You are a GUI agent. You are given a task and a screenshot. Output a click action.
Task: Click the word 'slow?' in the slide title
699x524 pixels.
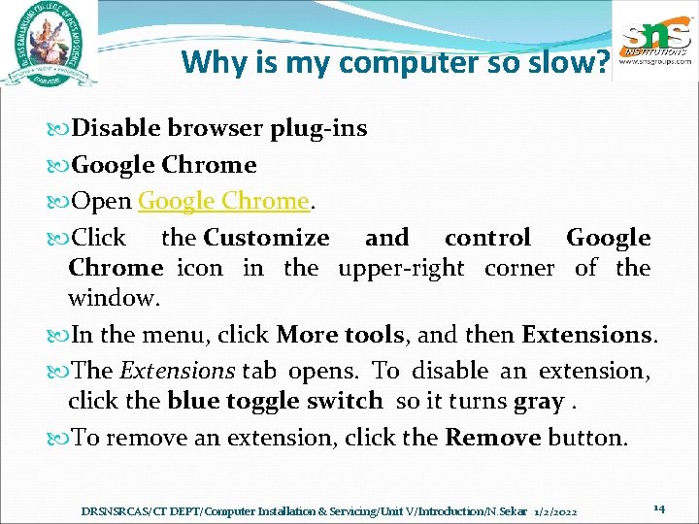[x=577, y=63]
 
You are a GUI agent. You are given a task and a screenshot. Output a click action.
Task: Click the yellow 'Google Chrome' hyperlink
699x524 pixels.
[x=223, y=201]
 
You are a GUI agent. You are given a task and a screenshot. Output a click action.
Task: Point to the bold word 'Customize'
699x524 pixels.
[x=267, y=238]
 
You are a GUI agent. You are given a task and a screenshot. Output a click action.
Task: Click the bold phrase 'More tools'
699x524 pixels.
[x=340, y=336]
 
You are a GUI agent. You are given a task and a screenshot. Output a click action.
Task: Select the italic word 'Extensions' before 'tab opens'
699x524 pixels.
[x=177, y=371]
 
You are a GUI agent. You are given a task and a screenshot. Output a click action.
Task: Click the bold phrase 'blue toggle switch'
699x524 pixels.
[x=276, y=401]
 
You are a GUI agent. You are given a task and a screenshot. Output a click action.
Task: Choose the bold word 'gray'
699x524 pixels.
[x=538, y=401]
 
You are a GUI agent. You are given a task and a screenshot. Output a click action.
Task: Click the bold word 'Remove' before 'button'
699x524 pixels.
[x=493, y=438]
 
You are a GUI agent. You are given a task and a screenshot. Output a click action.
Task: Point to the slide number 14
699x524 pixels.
[x=658, y=508]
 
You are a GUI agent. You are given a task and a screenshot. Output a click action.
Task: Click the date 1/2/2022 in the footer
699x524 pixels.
[x=555, y=510]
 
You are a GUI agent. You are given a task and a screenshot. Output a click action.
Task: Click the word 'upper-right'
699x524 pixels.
[x=401, y=268]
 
